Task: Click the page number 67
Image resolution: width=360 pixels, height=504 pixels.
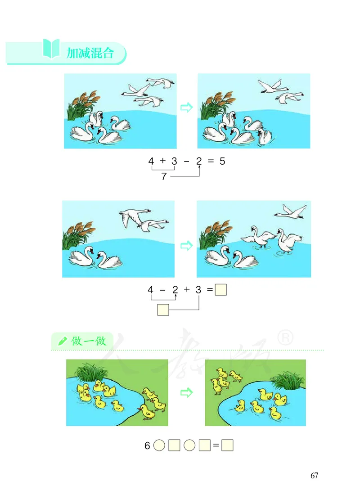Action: [x=314, y=476]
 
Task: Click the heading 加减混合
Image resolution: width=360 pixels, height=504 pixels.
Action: [x=90, y=54]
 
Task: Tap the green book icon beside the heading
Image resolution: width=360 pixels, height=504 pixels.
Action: [x=51, y=49]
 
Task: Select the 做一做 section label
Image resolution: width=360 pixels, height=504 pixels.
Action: [x=89, y=341]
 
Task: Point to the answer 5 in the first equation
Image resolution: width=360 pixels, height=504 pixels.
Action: [x=222, y=161]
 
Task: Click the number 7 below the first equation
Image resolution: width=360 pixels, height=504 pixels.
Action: [x=164, y=177]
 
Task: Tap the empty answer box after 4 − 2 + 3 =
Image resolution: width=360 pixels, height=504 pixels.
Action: [x=221, y=290]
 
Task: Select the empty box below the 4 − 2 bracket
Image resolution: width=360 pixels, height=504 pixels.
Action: [x=163, y=310]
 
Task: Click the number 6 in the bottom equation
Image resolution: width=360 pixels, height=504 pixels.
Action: [x=147, y=446]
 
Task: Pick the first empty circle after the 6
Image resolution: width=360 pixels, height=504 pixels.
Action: [x=159, y=446]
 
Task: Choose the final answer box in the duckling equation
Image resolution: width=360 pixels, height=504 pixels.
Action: [x=228, y=446]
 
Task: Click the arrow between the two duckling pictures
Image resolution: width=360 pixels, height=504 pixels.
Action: [x=186, y=393]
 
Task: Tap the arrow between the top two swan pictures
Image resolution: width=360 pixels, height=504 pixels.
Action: [x=186, y=107]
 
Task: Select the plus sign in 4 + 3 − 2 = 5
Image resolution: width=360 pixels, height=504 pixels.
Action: [x=162, y=161]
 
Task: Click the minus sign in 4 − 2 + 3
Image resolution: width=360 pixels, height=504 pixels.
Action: [x=162, y=290]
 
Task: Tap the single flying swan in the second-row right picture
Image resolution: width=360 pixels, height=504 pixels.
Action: [x=291, y=210]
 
